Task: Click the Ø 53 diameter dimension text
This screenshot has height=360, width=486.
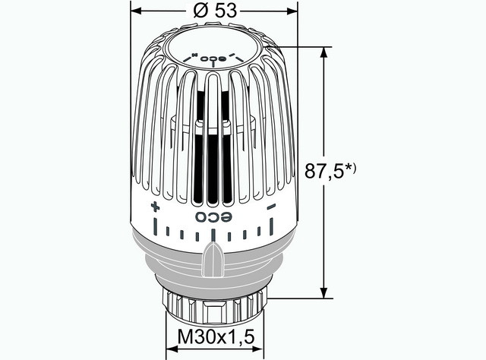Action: tap(213, 13)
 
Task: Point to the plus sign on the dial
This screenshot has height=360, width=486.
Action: tap(155, 207)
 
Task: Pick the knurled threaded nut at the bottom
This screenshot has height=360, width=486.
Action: tap(213, 304)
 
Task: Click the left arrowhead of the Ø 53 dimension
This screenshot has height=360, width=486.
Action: tap(136, 13)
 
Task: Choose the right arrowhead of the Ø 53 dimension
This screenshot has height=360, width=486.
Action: tap(291, 13)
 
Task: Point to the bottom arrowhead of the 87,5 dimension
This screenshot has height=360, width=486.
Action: tap(324, 293)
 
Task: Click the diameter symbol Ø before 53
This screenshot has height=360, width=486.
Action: tap(199, 13)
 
